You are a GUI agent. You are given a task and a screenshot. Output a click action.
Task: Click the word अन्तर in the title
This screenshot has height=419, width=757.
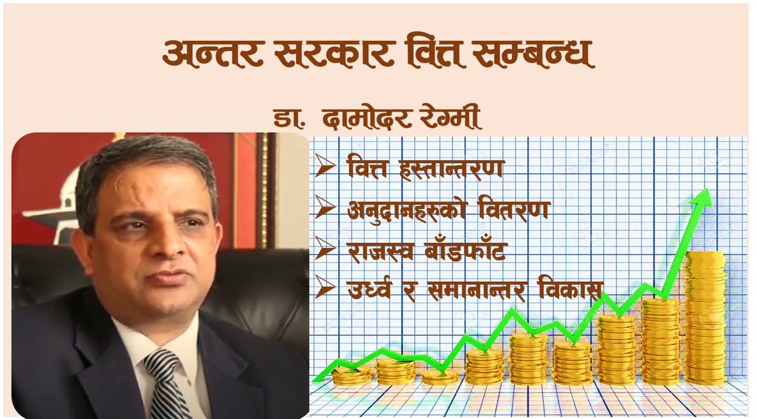click(213, 52)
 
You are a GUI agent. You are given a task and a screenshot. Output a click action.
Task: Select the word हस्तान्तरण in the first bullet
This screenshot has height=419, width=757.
click(452, 168)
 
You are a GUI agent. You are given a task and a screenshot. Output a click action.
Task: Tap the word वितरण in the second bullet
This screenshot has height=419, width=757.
click(514, 209)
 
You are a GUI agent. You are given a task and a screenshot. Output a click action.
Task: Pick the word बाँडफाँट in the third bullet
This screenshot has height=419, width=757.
click(465, 250)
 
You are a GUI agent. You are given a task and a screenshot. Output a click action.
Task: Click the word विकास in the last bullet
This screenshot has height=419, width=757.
click(570, 290)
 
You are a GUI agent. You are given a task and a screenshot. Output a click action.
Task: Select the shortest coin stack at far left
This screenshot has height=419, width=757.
click(352, 375)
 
